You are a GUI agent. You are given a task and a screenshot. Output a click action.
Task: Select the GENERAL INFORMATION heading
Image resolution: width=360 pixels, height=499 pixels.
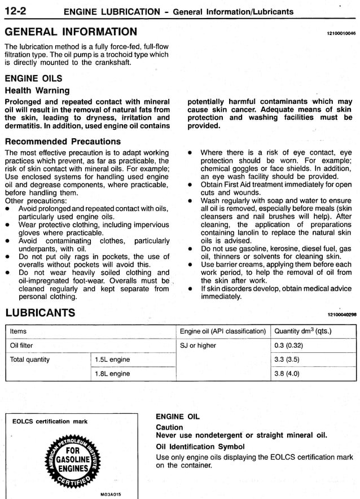click(71, 32)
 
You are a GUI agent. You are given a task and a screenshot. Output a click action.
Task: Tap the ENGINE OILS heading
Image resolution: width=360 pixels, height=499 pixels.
click(33, 78)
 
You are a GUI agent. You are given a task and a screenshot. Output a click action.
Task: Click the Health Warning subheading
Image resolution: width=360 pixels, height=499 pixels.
click(37, 90)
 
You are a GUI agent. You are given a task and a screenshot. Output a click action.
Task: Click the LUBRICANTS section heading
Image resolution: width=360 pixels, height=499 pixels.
click(39, 313)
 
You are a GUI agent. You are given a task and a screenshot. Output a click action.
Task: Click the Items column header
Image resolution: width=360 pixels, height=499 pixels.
click(19, 331)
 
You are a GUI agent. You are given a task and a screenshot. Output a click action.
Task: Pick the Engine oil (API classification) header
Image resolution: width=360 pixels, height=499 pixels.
click(222, 331)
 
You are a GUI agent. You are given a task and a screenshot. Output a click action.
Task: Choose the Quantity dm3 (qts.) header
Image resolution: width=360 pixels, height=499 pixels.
click(302, 331)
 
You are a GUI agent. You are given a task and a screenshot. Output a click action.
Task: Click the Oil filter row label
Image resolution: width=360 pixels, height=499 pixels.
click(22, 345)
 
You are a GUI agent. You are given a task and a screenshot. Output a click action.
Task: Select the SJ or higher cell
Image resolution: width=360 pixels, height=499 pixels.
click(198, 345)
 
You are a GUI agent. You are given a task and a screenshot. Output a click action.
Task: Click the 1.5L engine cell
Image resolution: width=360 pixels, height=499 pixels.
click(112, 360)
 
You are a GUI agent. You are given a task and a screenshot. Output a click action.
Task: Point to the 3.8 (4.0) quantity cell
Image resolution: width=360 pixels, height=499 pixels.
click(287, 374)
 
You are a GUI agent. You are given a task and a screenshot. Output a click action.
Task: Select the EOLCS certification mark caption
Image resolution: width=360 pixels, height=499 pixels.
click(50, 421)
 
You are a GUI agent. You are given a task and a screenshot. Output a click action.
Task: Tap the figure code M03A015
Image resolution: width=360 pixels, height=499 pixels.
click(111, 494)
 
